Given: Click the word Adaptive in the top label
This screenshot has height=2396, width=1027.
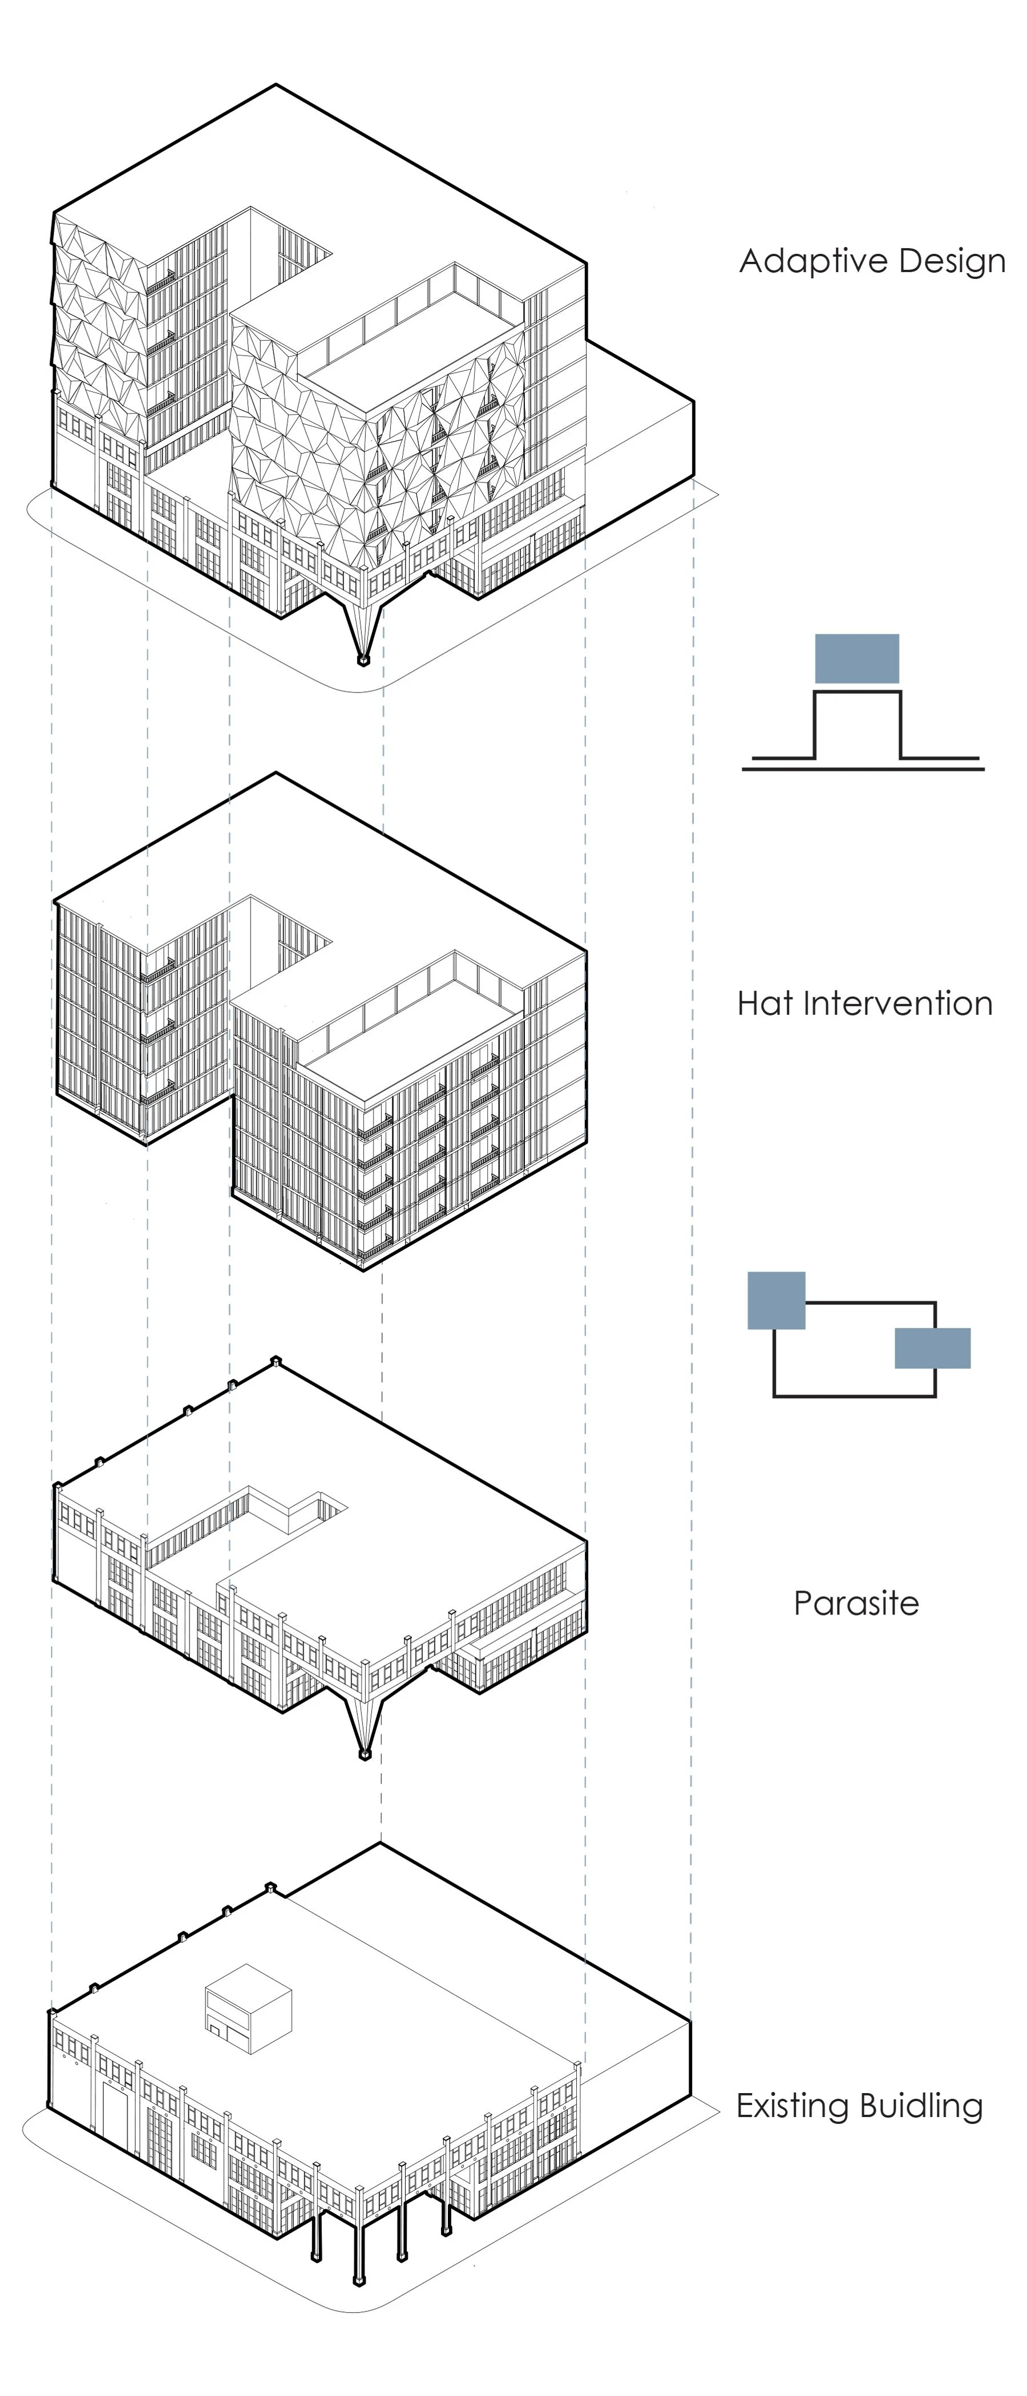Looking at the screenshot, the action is (x=806, y=261).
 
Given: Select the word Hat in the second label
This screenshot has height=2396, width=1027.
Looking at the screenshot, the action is (x=766, y=1003).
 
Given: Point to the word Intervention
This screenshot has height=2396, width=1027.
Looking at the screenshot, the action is (x=897, y=1003).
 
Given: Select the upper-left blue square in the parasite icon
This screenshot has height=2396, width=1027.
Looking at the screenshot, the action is (x=776, y=1300).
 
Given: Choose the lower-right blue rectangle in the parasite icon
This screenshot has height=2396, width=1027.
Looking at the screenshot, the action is (x=932, y=1347).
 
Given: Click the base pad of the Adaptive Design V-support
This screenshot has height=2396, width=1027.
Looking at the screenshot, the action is (x=363, y=661).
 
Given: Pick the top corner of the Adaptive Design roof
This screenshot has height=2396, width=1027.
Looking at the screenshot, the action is (x=276, y=86).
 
